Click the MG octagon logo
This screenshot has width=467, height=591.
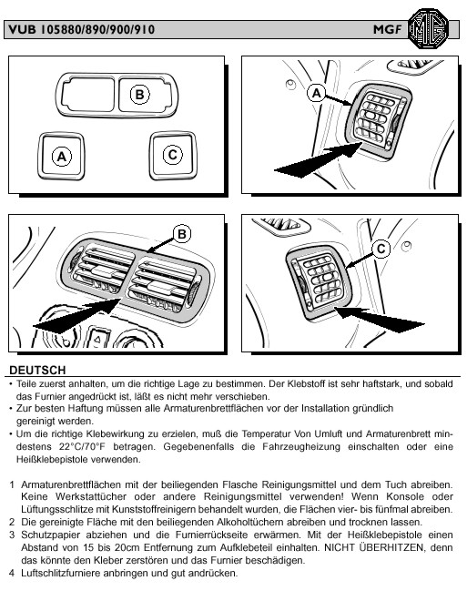tap(429, 28)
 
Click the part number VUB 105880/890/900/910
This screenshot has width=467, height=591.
tap(81, 30)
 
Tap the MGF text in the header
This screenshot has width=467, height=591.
tap(388, 29)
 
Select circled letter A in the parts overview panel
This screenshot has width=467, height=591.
tap(61, 156)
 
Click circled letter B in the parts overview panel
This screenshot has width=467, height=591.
tap(140, 94)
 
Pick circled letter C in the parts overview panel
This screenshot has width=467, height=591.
tap(173, 155)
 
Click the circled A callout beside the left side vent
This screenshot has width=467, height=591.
tap(316, 93)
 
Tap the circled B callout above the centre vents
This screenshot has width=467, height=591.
tap(182, 234)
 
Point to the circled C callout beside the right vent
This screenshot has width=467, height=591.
tap(381, 249)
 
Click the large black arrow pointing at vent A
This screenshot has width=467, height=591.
tap(319, 160)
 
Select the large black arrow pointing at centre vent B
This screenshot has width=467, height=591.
tap(77, 316)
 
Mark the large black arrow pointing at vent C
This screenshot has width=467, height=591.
tap(380, 320)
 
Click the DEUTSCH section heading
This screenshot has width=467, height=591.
tap(37, 370)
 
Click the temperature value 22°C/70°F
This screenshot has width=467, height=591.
tap(82, 447)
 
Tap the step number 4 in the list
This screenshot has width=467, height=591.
tap(12, 574)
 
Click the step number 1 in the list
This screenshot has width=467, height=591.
tap(12, 484)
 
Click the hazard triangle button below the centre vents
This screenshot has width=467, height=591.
tap(96, 339)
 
